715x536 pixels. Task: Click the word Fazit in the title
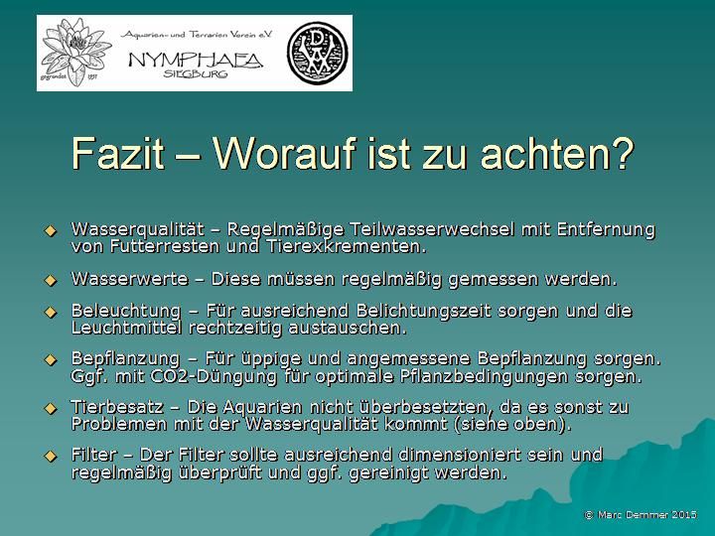[117, 153]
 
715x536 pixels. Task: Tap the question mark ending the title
[622, 153]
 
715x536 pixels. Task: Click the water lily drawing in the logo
[75, 52]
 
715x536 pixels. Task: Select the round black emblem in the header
[318, 53]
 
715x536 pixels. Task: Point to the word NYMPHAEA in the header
[196, 60]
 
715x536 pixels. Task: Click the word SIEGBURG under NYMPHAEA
[196, 73]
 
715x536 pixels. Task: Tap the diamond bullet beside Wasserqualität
[51, 231]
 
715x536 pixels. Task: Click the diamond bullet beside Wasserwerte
[51, 280]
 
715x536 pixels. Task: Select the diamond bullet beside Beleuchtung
[51, 313]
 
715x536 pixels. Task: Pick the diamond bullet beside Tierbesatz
[51, 408]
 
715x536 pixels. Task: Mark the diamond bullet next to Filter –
[51, 456]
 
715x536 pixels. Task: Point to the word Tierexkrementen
[347, 246]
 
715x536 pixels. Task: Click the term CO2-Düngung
[213, 377]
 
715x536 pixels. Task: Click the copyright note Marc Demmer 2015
[641, 515]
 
